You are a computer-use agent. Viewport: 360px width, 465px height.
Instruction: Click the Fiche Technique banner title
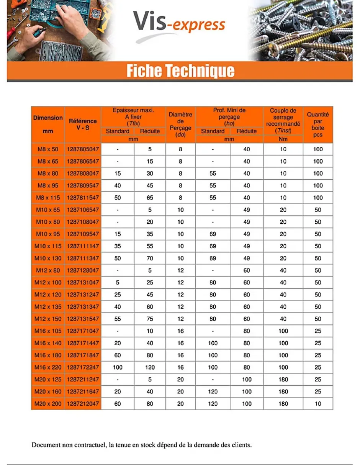(x=180, y=71)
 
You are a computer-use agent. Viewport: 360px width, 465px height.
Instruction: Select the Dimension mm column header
(x=48, y=124)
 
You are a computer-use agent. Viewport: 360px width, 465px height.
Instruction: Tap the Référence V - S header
(x=83, y=124)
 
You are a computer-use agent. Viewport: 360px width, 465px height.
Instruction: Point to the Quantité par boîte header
(x=318, y=124)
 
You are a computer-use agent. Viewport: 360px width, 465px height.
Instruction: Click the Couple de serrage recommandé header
(x=283, y=121)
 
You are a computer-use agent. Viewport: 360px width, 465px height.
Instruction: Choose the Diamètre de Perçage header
(x=180, y=124)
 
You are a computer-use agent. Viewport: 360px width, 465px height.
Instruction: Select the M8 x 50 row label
(x=48, y=149)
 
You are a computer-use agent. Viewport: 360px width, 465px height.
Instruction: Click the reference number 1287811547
(x=83, y=198)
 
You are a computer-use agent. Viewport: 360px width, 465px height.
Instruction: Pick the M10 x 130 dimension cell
(x=48, y=259)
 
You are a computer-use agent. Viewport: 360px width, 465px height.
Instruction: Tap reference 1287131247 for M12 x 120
(x=83, y=295)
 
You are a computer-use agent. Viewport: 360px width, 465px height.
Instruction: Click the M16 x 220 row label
(x=48, y=367)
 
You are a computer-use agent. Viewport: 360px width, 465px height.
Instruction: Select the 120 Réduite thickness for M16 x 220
(x=150, y=367)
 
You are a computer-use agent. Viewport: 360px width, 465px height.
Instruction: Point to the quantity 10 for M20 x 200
(x=318, y=404)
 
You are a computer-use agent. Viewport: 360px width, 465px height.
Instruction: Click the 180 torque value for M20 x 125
(x=283, y=380)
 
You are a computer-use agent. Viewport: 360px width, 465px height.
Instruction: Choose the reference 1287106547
(x=83, y=210)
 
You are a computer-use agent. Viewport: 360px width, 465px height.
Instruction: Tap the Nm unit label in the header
(x=283, y=139)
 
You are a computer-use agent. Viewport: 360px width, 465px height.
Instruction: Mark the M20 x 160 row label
(x=48, y=391)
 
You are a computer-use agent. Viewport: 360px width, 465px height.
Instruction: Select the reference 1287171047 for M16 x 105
(x=83, y=331)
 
